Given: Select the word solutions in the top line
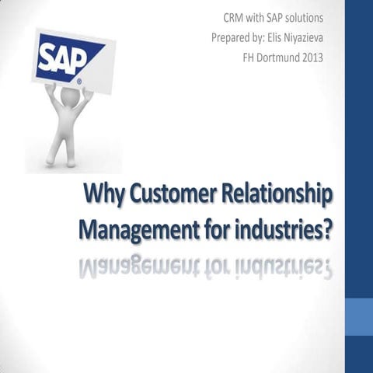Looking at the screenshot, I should click(300, 17).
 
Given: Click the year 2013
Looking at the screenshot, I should click(329, 56).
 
